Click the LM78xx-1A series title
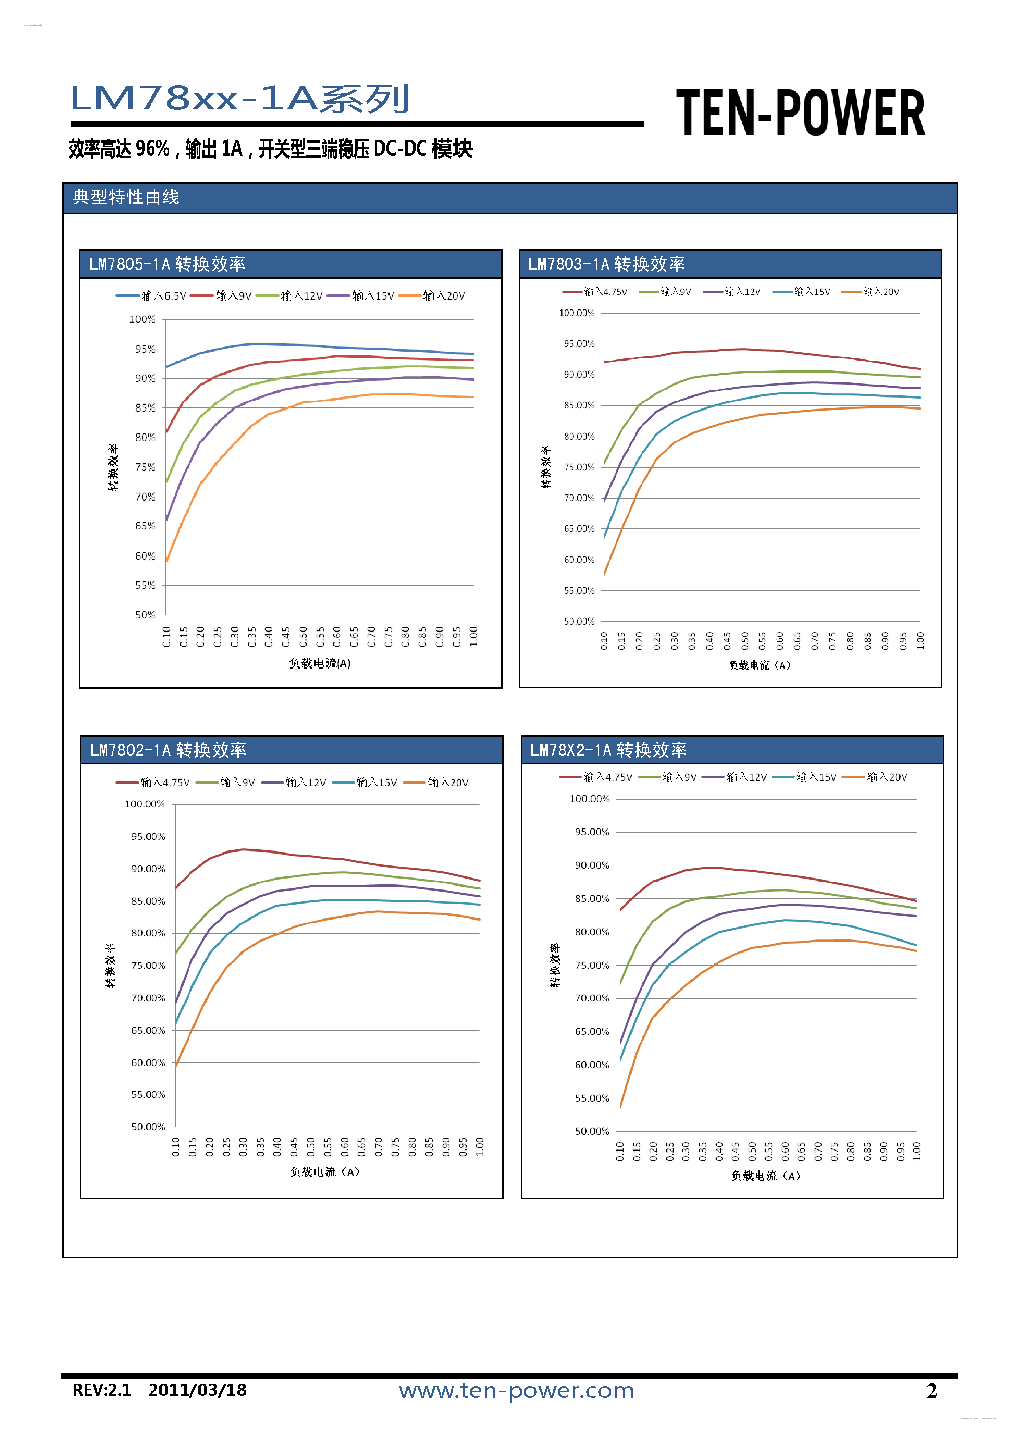click(x=239, y=99)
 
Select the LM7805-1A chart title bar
click(x=290, y=264)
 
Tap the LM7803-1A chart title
click(x=606, y=264)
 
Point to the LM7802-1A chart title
click(x=168, y=750)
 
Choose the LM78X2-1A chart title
click(x=608, y=750)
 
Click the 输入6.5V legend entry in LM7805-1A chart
click(x=151, y=296)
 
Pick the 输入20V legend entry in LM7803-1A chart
click(x=871, y=292)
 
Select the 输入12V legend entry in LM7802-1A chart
click(x=294, y=782)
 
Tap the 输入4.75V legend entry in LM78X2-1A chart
click(x=596, y=777)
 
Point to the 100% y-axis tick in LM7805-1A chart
click(x=143, y=320)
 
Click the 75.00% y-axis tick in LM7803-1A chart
click(x=579, y=467)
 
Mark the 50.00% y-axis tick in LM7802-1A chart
click(x=148, y=1126)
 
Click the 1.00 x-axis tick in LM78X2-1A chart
click(x=917, y=1151)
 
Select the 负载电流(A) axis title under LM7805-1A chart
click(x=319, y=664)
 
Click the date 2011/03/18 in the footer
click(x=197, y=1390)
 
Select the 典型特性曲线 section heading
click(x=126, y=198)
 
